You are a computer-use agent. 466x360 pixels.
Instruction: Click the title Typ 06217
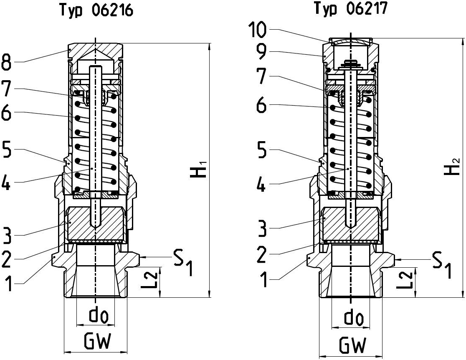pyautogui.click(x=350, y=8)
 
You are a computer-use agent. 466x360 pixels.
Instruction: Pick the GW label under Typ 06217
pyautogui.click(x=352, y=345)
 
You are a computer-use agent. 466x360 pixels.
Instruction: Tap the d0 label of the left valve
pyautogui.click(x=99, y=316)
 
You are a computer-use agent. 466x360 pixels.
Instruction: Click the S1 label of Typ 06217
pyautogui.click(x=442, y=265)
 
